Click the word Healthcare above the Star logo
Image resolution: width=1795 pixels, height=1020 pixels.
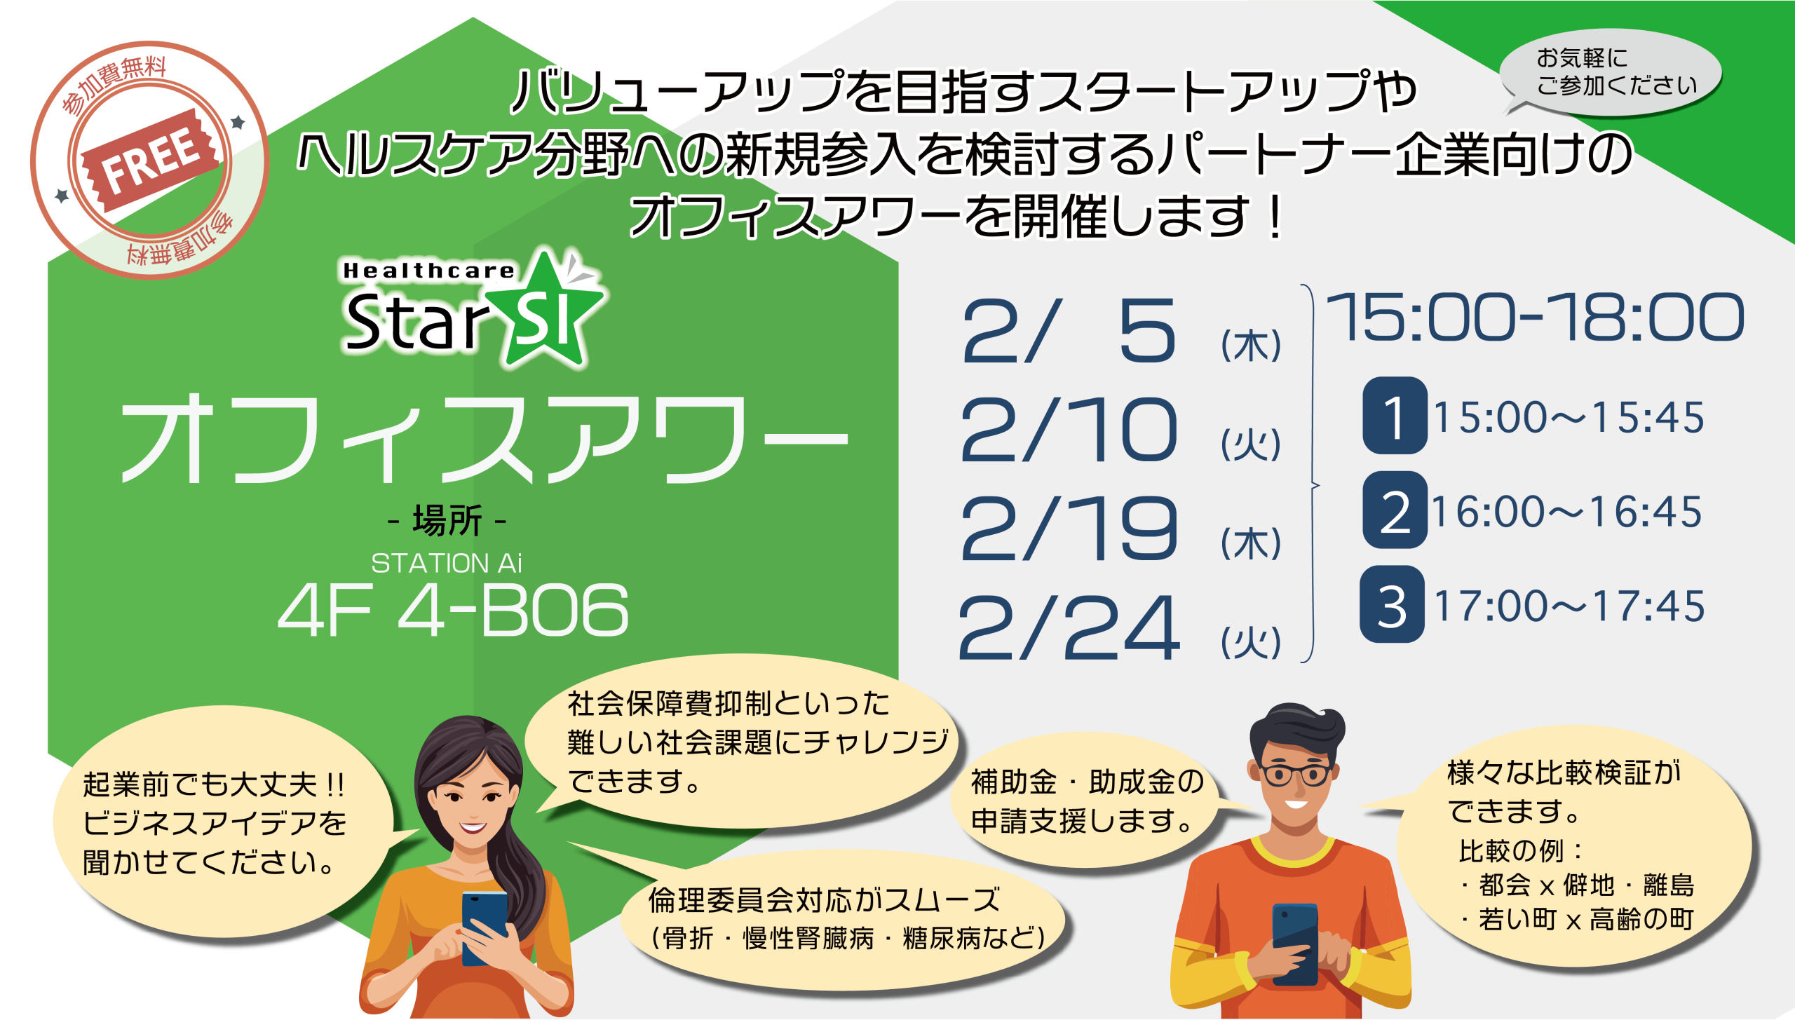pos(428,271)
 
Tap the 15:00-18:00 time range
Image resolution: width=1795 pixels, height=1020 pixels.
pos(1536,317)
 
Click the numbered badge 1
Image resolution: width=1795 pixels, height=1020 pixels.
pos(1395,415)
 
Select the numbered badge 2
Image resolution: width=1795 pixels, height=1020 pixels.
pos(1395,510)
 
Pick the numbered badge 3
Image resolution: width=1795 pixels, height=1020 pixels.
pos(1393,604)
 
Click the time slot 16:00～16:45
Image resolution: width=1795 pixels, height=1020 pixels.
pos(1567,512)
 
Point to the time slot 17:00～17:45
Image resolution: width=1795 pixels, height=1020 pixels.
pos(1569,606)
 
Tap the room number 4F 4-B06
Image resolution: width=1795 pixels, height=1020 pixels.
pos(454,611)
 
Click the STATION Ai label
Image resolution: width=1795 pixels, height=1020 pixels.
pos(447,563)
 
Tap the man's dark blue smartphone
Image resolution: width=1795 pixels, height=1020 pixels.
pos(1295,944)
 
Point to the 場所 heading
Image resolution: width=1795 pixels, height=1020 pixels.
pos(447,521)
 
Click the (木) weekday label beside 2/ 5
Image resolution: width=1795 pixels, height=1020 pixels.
pos(1251,346)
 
